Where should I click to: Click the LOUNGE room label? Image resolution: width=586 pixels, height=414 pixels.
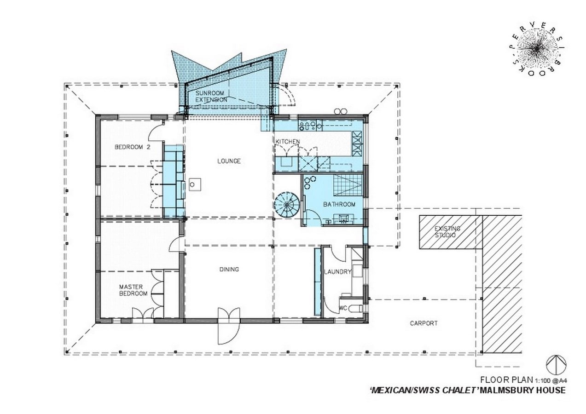point(229,161)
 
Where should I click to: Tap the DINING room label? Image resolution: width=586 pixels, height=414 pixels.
point(229,269)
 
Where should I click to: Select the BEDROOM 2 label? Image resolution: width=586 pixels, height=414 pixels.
point(133,147)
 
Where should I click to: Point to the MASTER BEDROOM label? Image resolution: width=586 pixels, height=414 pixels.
point(133,290)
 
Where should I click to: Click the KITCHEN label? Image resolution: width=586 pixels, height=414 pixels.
point(288,142)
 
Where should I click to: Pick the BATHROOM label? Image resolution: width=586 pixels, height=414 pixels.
point(339,204)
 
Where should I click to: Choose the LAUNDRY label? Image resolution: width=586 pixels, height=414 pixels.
point(337,272)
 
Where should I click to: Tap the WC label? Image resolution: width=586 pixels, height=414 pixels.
point(343,308)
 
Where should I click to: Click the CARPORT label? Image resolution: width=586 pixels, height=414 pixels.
point(424,323)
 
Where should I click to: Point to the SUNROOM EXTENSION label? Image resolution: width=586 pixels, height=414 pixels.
point(211,97)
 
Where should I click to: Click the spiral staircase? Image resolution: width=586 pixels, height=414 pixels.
point(287,204)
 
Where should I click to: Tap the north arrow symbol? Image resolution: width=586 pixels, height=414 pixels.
point(557,365)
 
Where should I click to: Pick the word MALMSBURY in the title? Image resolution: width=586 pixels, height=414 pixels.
point(510,397)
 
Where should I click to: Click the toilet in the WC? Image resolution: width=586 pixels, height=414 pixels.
point(357,308)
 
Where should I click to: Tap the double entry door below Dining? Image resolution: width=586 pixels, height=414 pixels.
point(229,326)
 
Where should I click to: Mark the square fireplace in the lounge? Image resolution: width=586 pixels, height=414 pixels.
point(195,185)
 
